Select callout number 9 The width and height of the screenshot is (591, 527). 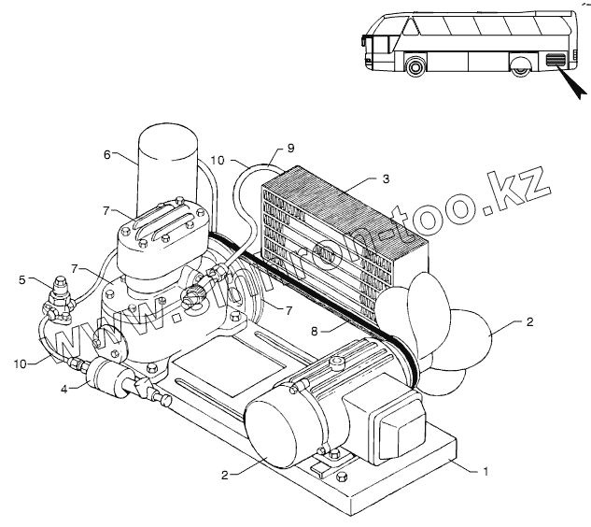(x=289, y=149)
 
